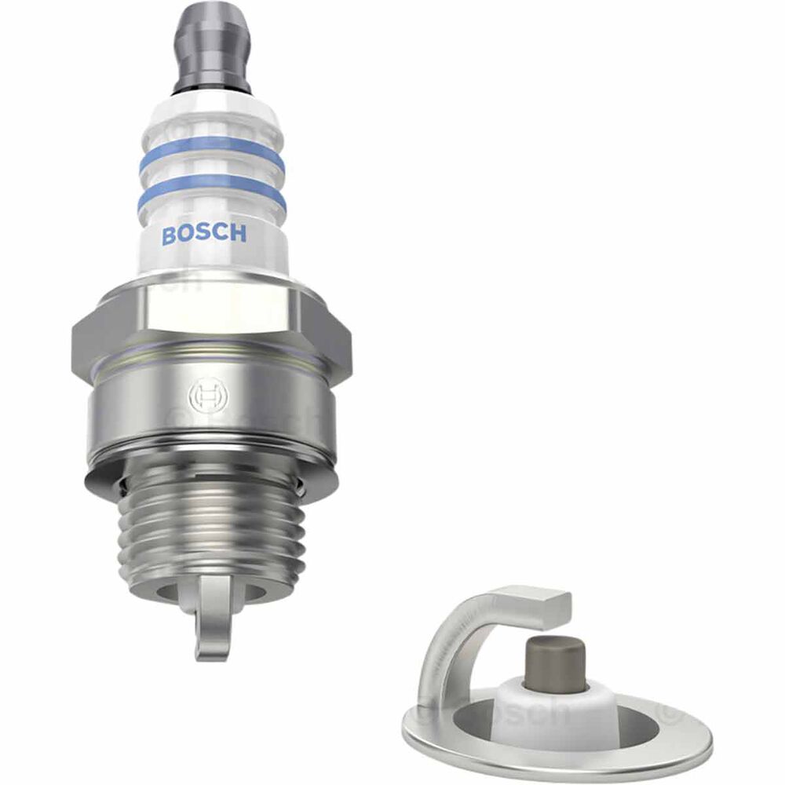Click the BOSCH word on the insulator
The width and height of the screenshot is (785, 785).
coord(204,234)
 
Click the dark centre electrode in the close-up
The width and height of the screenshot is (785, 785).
coord(556,663)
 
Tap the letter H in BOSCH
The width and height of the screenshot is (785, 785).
coord(238,233)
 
